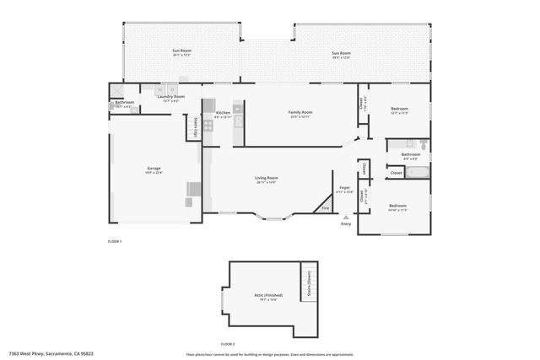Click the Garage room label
click(154, 169)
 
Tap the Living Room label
click(267, 178)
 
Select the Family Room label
click(300, 112)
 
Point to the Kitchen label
click(223, 113)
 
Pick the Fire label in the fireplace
click(326, 207)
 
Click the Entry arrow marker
click(345, 218)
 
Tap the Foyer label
click(345, 187)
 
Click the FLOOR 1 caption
click(115, 242)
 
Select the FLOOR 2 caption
click(228, 344)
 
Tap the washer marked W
click(159, 89)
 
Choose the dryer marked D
click(172, 89)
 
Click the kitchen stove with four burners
click(238, 108)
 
